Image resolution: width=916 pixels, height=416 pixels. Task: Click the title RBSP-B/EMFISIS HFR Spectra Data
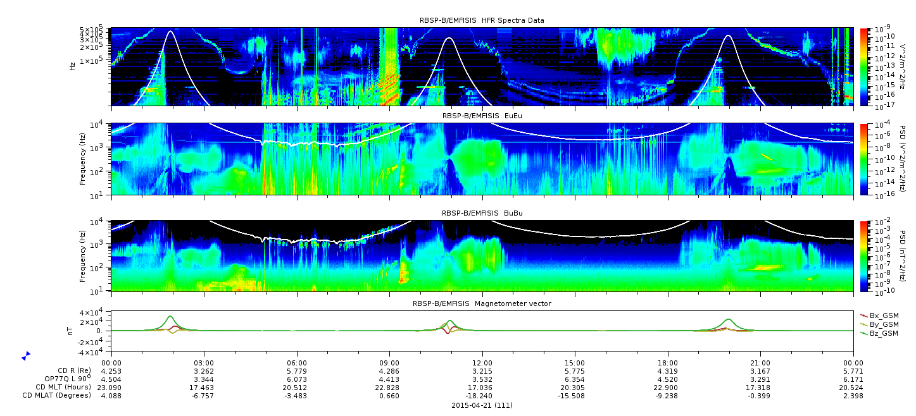pos(482,20)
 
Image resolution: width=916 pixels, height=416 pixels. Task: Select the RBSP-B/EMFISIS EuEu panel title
pos(482,116)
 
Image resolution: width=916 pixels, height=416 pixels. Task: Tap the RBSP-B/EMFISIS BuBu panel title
pos(482,213)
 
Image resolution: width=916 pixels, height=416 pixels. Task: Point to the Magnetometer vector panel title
pos(482,303)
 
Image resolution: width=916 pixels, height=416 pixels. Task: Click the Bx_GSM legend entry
pos(879,315)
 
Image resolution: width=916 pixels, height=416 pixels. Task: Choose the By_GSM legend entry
pos(879,324)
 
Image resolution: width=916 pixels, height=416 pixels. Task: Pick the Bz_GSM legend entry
pos(879,334)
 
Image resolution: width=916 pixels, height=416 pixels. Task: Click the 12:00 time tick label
pos(482,363)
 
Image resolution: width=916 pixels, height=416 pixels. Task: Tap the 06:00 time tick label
pos(297,363)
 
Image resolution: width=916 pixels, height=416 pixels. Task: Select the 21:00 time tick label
pos(761,363)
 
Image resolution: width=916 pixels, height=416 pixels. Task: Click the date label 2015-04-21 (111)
pos(482,405)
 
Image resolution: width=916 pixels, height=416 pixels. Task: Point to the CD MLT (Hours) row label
pos(63,387)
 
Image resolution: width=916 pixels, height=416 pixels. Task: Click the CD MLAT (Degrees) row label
pos(57,395)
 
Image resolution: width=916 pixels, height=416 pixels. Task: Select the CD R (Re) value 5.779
pos(297,372)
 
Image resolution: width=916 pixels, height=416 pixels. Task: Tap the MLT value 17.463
pos(204,388)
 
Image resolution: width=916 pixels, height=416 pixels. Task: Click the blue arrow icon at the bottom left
pos(26,356)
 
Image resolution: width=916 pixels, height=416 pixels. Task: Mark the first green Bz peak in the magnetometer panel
pos(170,316)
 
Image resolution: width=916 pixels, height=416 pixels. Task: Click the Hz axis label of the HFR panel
pos(73,66)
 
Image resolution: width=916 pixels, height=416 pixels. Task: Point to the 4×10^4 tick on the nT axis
pos(97,313)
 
